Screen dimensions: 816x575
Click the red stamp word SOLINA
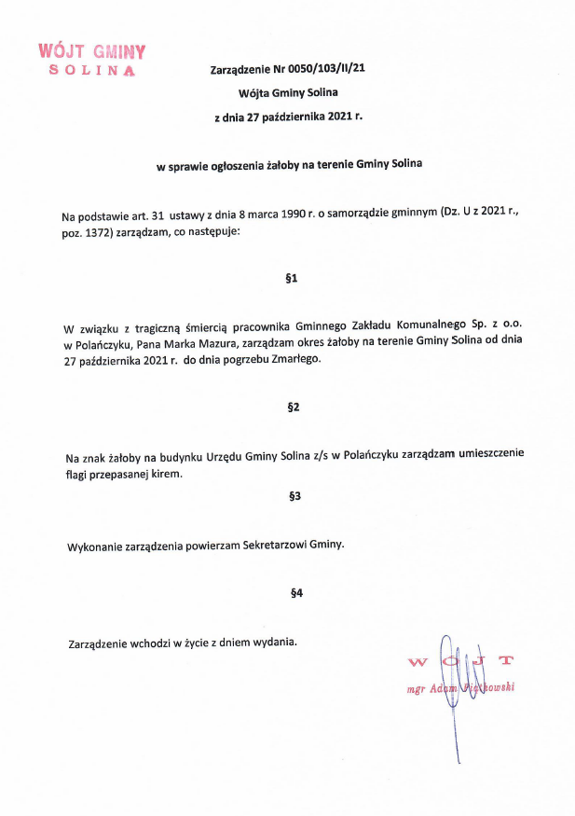91,71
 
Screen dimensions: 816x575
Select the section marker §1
293,278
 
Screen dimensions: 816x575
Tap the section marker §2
293,408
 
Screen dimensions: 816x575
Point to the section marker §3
294,496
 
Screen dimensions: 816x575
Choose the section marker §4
296,592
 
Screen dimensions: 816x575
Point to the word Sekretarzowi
274,545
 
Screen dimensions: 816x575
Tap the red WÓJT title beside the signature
460,661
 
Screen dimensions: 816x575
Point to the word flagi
81,473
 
